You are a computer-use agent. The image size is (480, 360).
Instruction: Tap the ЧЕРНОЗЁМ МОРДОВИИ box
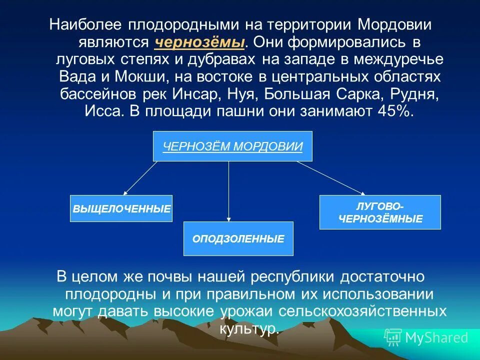[232, 146]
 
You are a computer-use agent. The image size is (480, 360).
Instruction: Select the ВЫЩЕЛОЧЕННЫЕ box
[121, 208]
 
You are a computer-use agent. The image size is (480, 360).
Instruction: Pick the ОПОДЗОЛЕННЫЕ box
[238, 239]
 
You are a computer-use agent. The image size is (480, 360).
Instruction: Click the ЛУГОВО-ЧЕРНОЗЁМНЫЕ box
[380, 212]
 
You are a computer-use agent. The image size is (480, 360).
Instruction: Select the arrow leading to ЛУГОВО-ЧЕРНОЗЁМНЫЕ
[331, 177]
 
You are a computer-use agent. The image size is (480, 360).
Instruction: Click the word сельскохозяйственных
[362, 311]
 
